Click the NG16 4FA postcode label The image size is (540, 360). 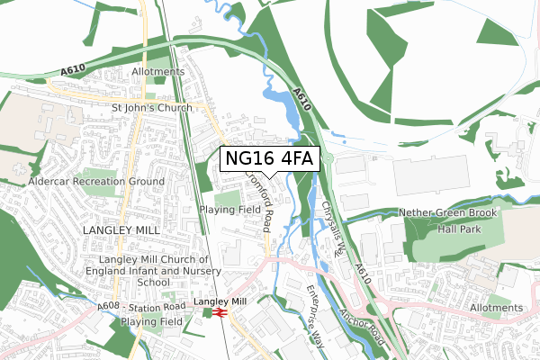268,158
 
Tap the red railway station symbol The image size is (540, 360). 220,312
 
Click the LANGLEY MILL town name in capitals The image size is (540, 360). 120,230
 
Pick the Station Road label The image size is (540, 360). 160,307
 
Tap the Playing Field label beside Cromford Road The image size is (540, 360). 229,210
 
